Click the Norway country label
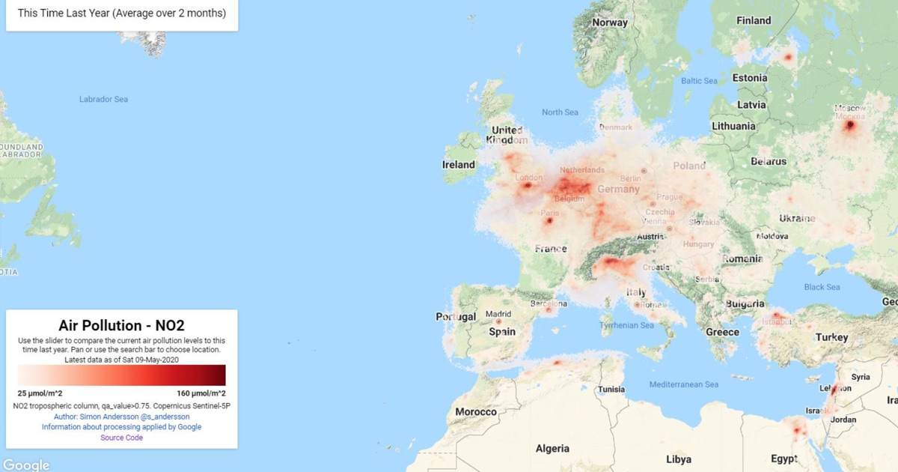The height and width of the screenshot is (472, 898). [610, 22]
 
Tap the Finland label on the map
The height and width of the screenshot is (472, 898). [754, 20]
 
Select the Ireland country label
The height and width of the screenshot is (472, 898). [459, 165]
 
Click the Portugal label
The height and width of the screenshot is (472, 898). [456, 317]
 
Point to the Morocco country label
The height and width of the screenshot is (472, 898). [476, 412]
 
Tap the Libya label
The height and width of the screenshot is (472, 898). [679, 459]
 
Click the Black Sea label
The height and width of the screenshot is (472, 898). [822, 287]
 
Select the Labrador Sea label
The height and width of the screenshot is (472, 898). [103, 99]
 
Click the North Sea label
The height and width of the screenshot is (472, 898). [561, 112]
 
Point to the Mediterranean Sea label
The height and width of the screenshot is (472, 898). [684, 384]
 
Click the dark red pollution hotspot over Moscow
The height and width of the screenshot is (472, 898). [849, 125]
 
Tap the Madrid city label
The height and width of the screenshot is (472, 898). [498, 314]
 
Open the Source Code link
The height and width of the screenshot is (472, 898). [121, 438]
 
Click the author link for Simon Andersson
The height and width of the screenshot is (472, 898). [121, 417]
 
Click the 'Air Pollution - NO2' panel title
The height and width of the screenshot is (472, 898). [121, 325]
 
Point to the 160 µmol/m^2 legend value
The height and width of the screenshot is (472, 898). [201, 393]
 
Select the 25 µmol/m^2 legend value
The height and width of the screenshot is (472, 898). [40, 393]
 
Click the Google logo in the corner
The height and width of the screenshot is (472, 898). [26, 465]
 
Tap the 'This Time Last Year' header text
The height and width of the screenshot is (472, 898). [121, 13]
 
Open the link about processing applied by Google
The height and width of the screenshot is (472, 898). [121, 427]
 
